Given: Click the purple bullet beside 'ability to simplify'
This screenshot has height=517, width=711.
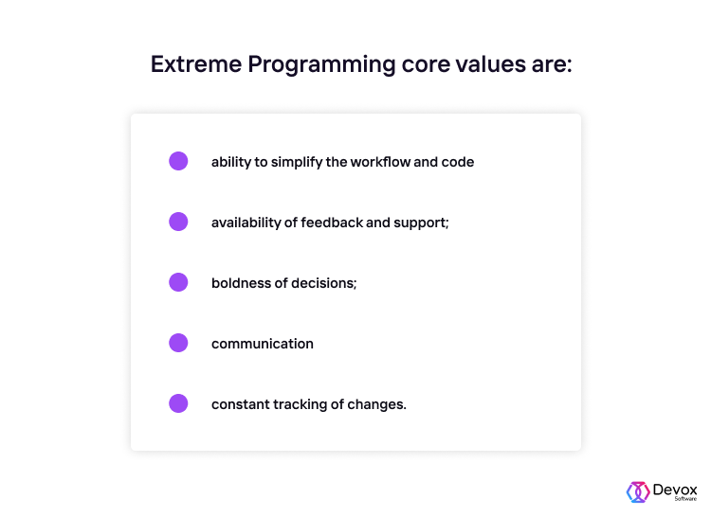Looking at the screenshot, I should (x=178, y=161).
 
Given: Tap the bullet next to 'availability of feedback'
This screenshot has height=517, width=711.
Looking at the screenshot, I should (x=178, y=222).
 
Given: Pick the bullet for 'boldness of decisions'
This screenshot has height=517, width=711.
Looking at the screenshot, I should (x=178, y=282).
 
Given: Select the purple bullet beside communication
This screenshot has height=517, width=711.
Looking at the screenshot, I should (x=178, y=343).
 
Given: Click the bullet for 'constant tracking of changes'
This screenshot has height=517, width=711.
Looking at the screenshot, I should (x=178, y=403).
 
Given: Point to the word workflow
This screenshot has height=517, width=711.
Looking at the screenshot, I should (x=379, y=162).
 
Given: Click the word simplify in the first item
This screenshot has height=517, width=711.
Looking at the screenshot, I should (x=296, y=162).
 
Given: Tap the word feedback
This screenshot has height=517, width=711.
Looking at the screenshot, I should (x=332, y=223).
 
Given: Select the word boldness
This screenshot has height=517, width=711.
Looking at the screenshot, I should (x=241, y=283).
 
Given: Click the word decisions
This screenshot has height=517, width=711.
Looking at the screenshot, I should (x=324, y=283).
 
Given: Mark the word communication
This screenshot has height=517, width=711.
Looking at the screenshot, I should (x=263, y=344).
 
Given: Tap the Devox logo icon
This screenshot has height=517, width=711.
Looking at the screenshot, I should (x=637, y=491).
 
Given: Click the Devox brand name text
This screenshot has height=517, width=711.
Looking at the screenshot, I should (x=675, y=489).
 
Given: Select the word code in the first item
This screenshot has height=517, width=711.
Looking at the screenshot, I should (x=458, y=162).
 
